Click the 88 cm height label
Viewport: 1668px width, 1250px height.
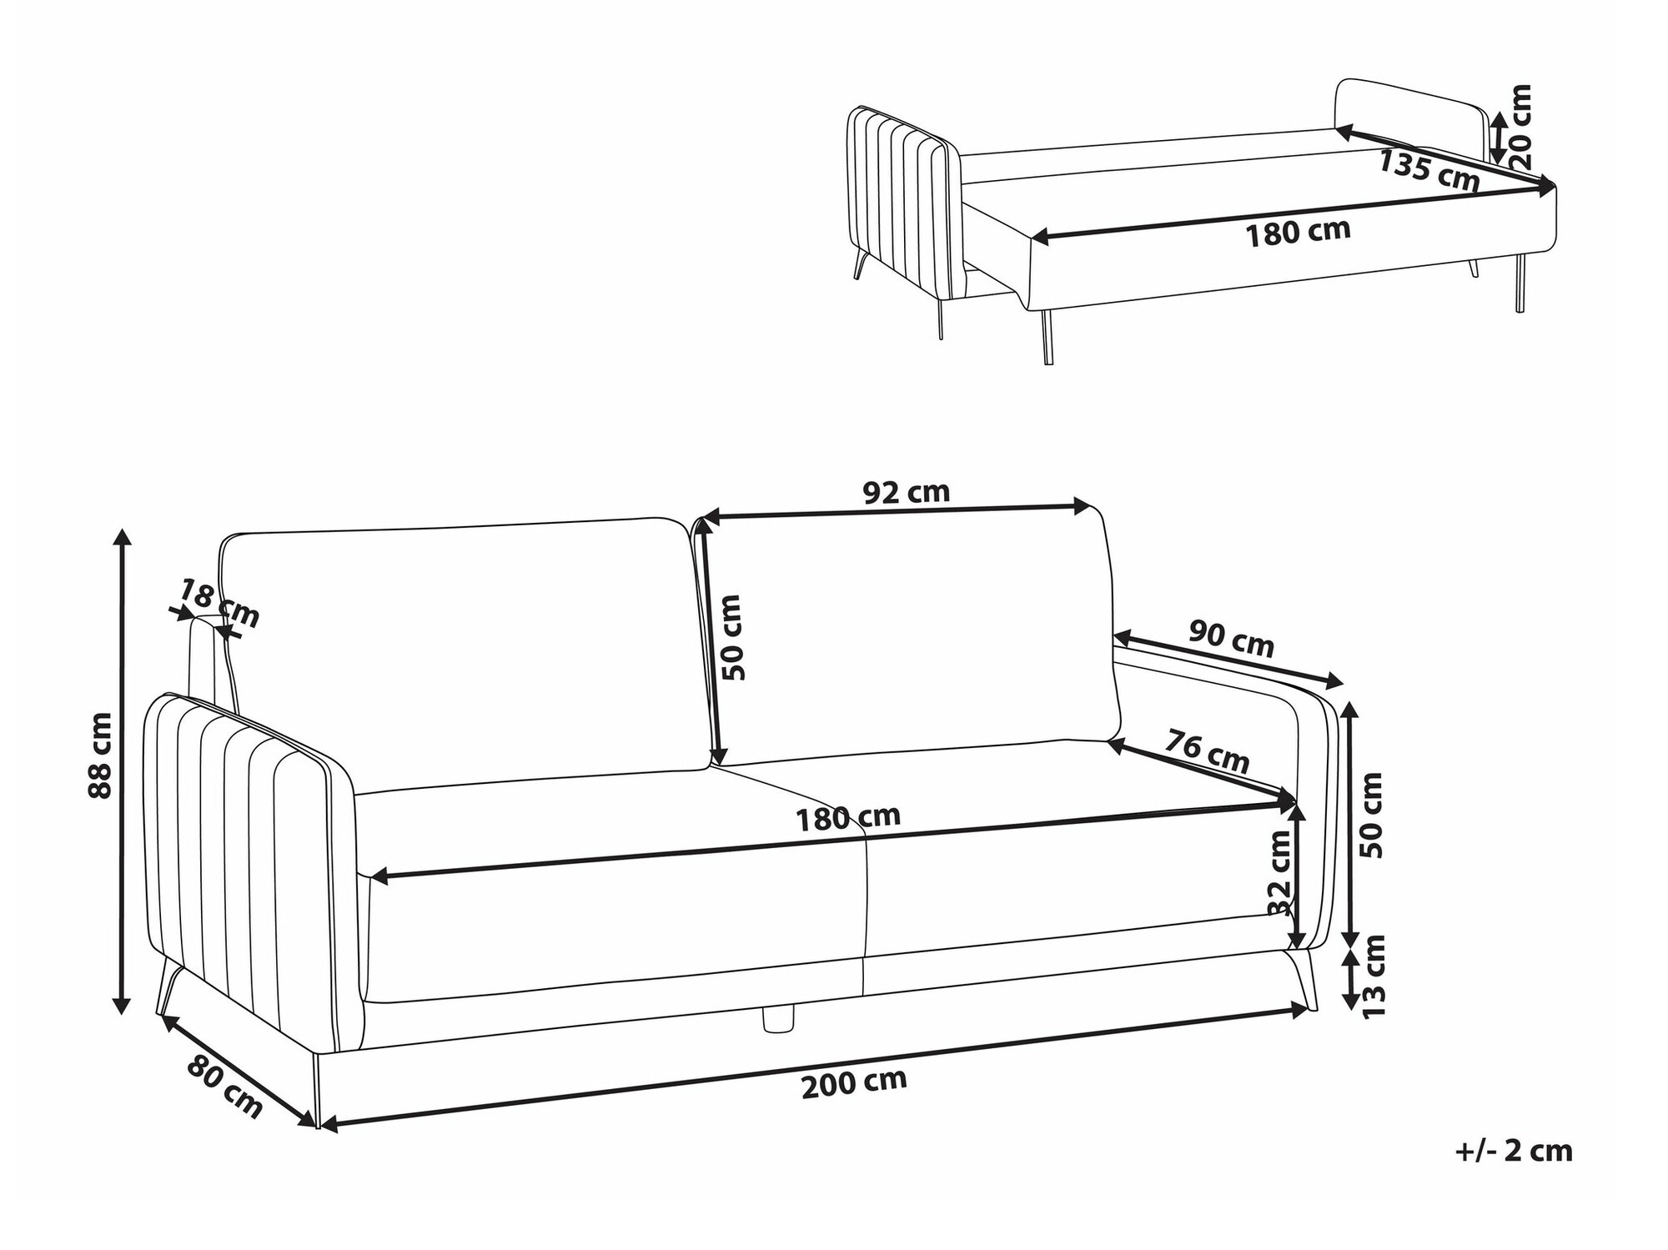point(100,756)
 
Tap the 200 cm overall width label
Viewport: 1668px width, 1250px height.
point(854,1083)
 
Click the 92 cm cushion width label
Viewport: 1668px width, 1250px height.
point(906,492)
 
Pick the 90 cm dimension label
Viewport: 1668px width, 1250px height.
point(1232,639)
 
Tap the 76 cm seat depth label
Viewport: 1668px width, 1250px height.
point(1207,751)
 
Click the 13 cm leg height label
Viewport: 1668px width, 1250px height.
point(1372,975)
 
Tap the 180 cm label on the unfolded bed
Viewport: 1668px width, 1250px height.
point(1298,233)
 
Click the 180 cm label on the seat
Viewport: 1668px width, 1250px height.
point(847,817)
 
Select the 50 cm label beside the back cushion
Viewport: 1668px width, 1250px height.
point(731,638)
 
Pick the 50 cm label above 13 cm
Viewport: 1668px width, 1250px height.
point(1371,815)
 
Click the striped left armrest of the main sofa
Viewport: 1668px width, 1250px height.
point(250,867)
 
